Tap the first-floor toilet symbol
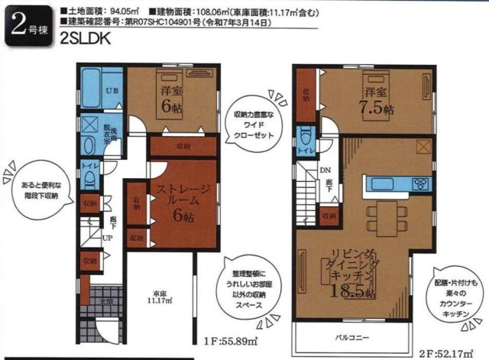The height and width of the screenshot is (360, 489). tap(89, 177)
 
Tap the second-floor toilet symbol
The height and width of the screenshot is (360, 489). tap(305, 140)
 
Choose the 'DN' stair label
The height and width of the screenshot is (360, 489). tap(325, 170)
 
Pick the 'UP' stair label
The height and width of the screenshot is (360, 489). tap(108, 237)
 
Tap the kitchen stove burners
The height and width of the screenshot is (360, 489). tap(421, 183)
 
